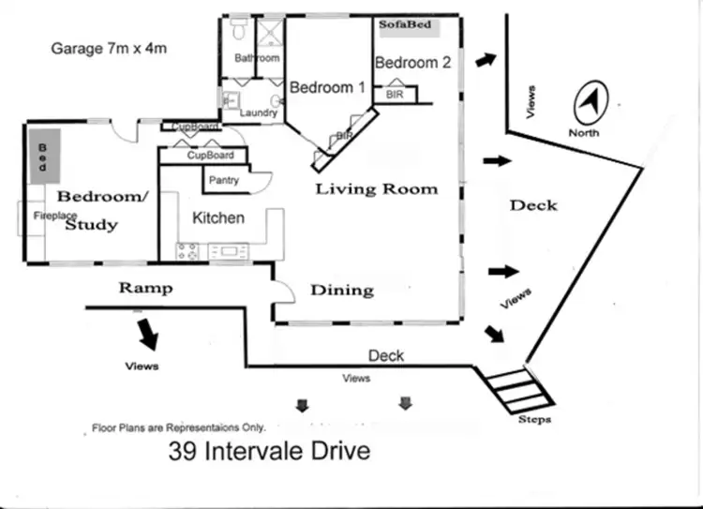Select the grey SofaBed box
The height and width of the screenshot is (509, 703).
coord(406,25)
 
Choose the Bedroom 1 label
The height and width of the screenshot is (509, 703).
coord(327,87)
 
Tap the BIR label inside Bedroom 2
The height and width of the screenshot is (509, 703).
coord(394,95)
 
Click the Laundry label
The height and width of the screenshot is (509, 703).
coord(259,113)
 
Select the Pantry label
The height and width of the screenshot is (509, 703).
coord(224,180)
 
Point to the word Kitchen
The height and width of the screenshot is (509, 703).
coord(218,217)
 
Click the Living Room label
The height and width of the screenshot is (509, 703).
coord(376,189)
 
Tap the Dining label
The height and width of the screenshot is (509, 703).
coord(342,290)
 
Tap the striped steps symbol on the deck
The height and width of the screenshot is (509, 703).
coord(512,389)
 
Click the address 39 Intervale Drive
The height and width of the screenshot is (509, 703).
coord(269,451)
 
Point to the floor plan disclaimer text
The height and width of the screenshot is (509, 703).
coord(178,427)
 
